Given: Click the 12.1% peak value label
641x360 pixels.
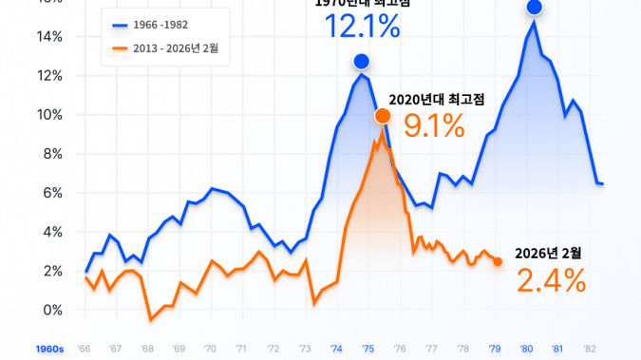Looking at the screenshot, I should (362, 27).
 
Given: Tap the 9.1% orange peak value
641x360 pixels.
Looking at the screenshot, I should (434, 124).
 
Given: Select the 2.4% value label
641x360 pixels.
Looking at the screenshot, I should (551, 280).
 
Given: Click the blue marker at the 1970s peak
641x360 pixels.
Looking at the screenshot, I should (362, 62).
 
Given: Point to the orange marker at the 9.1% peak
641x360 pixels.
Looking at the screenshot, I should (382, 116).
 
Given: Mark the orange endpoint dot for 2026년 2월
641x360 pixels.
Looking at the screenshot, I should (498, 261).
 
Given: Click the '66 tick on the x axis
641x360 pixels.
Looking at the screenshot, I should (85, 349).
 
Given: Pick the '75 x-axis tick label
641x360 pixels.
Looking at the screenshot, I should (368, 349).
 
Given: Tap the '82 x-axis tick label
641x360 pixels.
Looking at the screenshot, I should (589, 349).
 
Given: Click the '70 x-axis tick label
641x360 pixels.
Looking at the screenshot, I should (210, 349).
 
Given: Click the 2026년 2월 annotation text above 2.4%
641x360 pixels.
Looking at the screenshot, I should (548, 253).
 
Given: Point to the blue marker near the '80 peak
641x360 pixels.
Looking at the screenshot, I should (534, 7).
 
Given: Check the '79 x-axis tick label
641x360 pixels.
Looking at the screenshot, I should (494, 349).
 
